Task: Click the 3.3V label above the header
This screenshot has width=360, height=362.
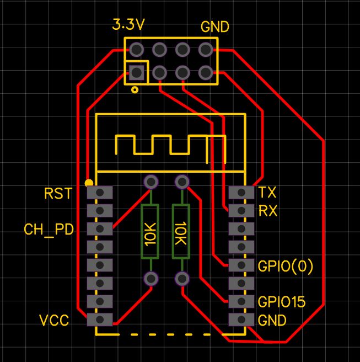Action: pos(128,25)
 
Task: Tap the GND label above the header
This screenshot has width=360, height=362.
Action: pos(214,26)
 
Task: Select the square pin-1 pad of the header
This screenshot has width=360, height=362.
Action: pos(136,72)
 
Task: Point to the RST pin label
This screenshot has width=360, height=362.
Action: pos(58,194)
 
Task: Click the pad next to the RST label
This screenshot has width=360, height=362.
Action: pos(100,193)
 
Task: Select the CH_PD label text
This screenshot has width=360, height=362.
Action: pos(49,230)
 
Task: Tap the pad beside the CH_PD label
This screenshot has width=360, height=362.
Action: pos(100,228)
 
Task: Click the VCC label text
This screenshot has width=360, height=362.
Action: pos(54,321)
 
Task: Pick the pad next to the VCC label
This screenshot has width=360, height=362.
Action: pos(100,320)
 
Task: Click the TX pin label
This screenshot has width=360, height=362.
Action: pos(267,193)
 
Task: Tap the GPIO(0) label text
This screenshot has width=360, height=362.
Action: pos(286,267)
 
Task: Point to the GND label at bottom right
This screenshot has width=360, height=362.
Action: pos(272,321)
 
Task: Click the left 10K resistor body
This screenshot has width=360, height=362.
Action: pos(151,232)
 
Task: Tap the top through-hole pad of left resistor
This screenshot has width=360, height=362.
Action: pos(151,182)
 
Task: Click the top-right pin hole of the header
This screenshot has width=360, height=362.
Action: pos(206,50)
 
